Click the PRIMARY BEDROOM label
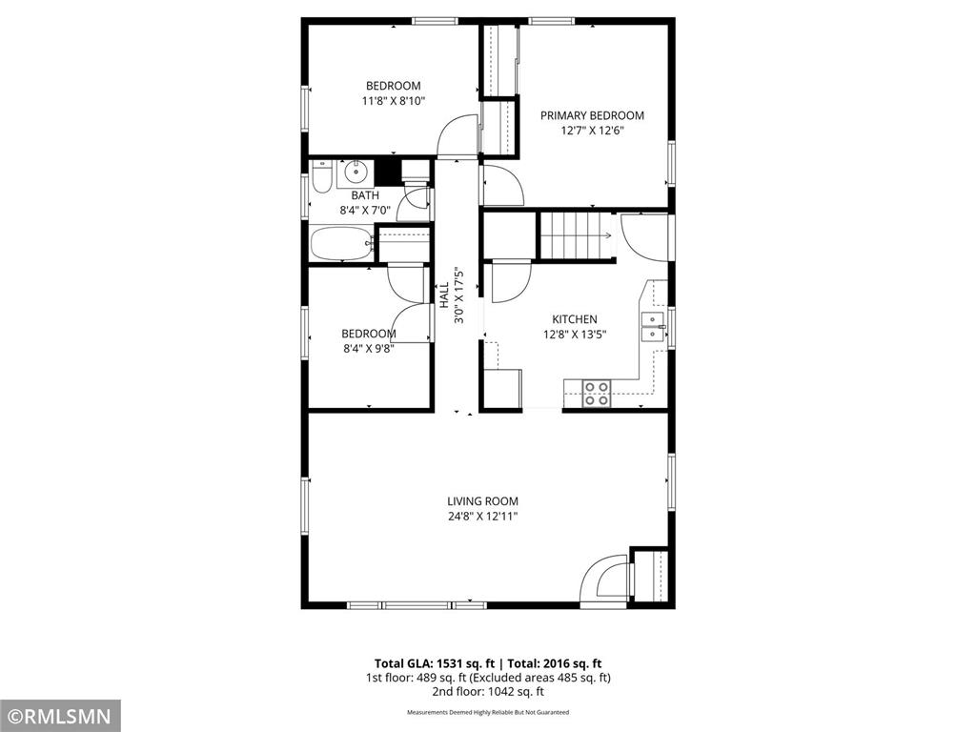click(x=592, y=116)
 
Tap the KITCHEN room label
click(x=575, y=319)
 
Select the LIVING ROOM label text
click(x=482, y=501)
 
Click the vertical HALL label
click(x=444, y=294)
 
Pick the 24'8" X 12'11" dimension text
click(x=482, y=517)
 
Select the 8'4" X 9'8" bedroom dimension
click(x=368, y=348)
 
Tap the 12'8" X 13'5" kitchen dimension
click(x=575, y=335)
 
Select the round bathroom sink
click(x=356, y=173)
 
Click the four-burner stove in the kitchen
click(x=597, y=393)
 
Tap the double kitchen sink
click(x=654, y=326)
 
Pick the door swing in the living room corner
click(x=602, y=579)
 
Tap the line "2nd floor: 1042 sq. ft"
click(x=488, y=692)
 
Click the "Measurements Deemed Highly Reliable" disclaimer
click(x=488, y=712)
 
